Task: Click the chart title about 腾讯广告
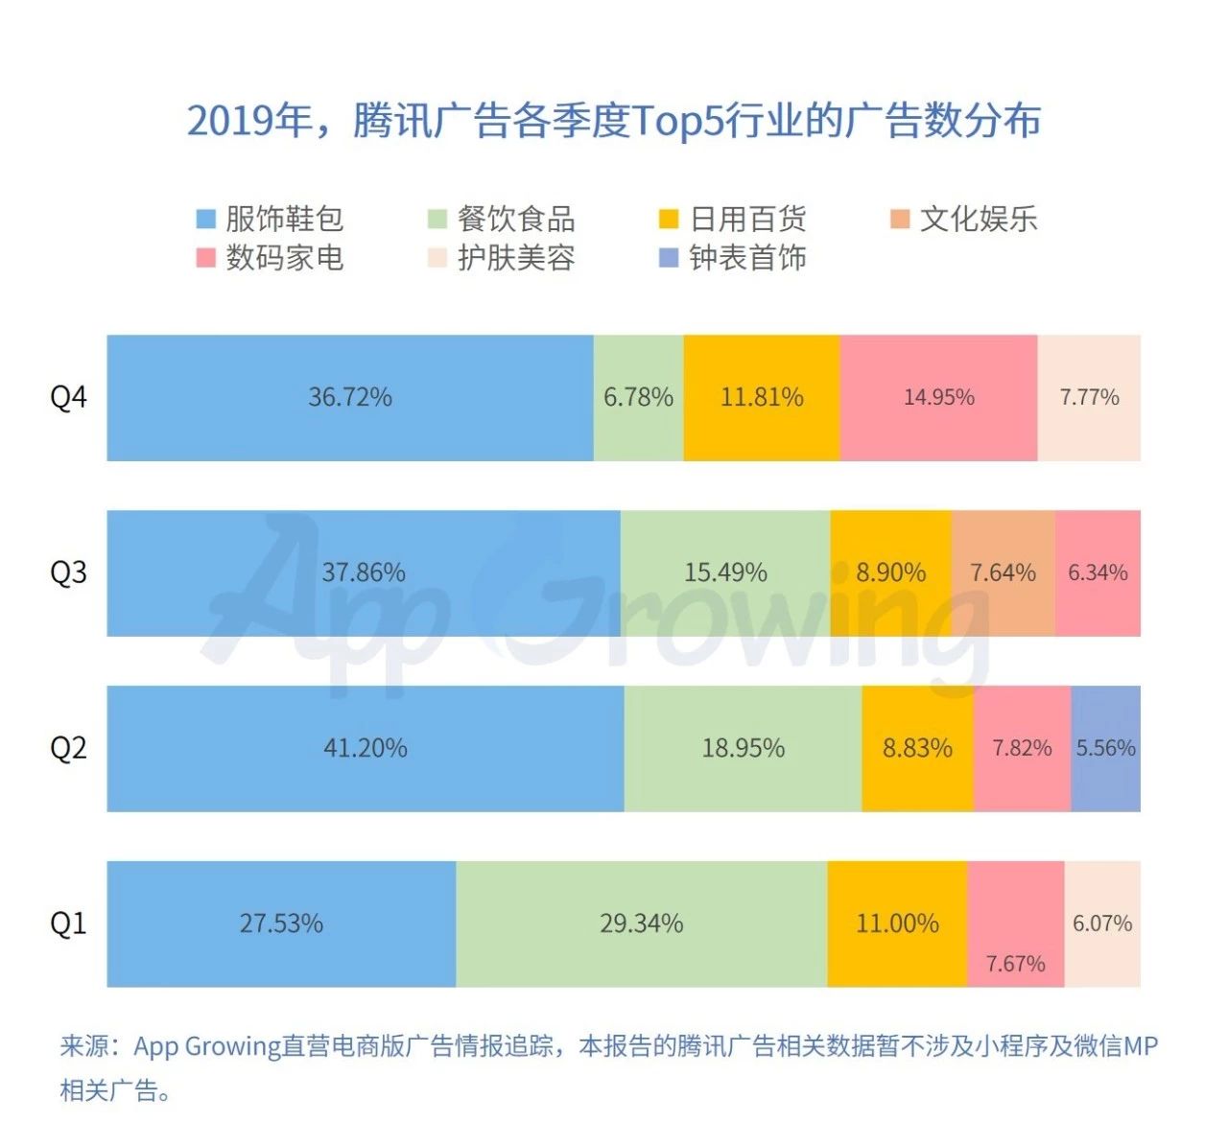(x=614, y=121)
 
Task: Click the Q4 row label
(x=68, y=397)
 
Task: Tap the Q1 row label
(x=68, y=923)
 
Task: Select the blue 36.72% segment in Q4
(x=350, y=397)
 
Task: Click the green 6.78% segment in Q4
(x=638, y=397)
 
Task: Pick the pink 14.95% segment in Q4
(x=938, y=397)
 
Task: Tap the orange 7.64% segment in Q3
(x=1003, y=573)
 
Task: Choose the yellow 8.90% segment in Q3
(x=890, y=573)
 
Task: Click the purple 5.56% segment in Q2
(x=1105, y=748)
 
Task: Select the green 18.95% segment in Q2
(x=743, y=748)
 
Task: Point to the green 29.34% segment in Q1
(x=641, y=923)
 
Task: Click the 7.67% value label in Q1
(x=1015, y=964)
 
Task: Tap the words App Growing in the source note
(x=206, y=1046)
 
